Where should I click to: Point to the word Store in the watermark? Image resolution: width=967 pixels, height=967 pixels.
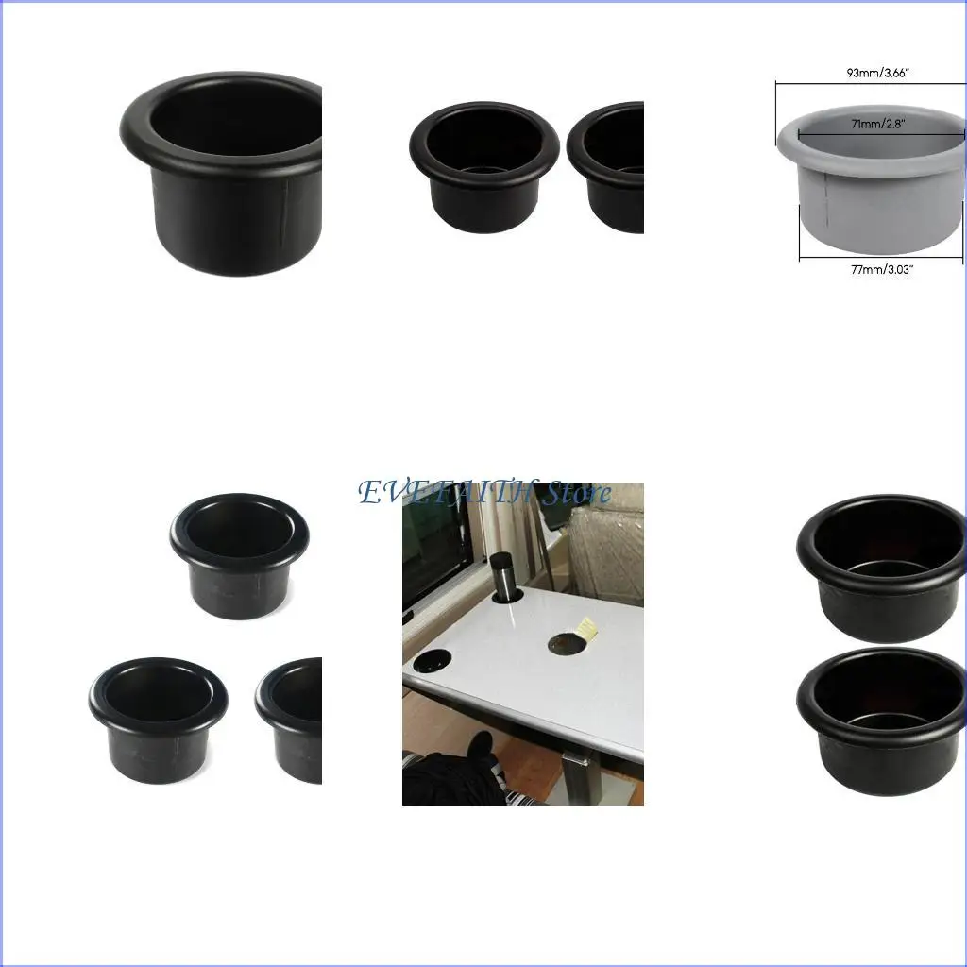tap(576, 493)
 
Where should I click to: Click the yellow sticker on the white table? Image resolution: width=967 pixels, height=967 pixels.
tap(583, 629)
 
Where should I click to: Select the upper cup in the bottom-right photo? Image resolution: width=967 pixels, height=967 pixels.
tap(882, 566)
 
